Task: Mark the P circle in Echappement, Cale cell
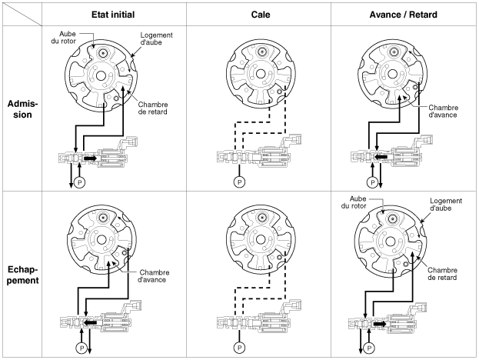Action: coord(238,346)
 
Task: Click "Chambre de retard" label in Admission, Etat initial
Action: coord(154,108)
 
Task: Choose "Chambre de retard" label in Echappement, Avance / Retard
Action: coord(444,275)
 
